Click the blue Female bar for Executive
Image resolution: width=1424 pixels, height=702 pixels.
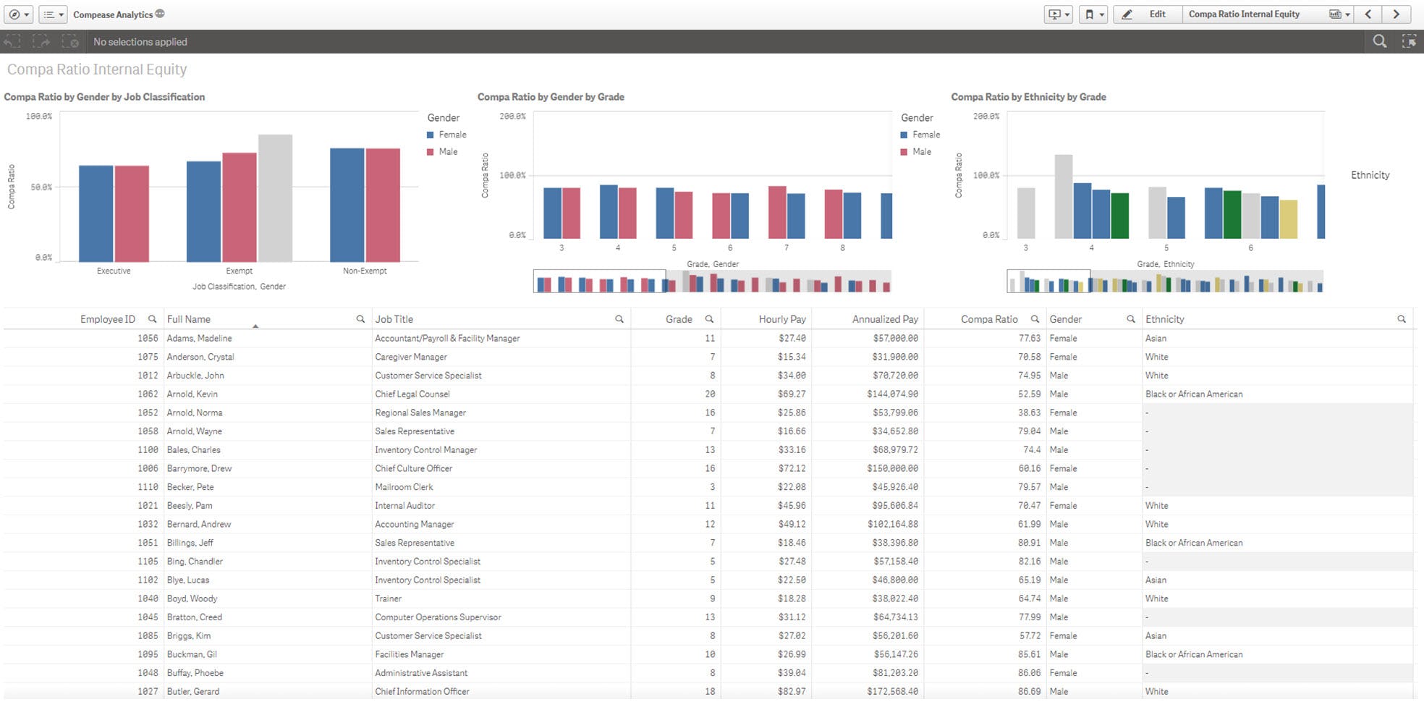96,213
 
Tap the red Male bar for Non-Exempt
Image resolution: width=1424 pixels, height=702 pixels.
383,205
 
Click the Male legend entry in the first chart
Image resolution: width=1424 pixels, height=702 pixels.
447,152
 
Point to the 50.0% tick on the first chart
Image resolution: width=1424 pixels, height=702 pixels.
41,187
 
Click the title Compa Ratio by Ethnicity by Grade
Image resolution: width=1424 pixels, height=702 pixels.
1027,97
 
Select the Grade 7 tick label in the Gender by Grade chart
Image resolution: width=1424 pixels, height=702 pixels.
786,248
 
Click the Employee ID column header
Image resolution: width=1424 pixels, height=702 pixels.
107,319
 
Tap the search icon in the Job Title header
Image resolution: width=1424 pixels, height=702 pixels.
619,319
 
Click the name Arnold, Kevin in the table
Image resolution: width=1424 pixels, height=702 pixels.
192,394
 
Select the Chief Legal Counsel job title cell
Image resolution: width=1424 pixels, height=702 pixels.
412,394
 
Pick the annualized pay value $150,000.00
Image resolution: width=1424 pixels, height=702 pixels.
894,469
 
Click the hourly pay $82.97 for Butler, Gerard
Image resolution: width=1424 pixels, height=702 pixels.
792,692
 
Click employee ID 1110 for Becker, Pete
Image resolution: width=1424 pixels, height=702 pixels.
148,487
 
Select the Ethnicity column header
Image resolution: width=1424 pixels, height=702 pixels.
1164,319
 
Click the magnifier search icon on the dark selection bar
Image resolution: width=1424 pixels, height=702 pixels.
1379,42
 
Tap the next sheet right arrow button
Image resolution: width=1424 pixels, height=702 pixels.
1396,14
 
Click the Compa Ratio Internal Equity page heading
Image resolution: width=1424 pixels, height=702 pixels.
97,69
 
